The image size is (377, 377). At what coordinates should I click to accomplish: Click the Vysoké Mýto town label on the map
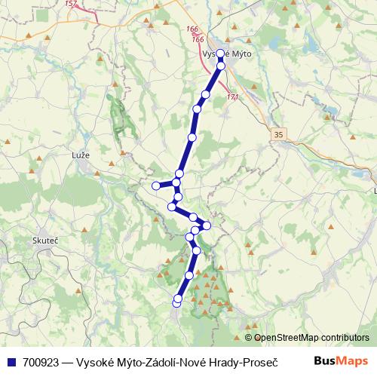click(227, 54)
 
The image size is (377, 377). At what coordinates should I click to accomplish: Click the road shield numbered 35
click(279, 134)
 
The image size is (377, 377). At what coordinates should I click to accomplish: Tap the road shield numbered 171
click(232, 97)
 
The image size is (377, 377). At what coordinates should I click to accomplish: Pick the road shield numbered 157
click(72, 4)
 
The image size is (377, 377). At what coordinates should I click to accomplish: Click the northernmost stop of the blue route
click(219, 54)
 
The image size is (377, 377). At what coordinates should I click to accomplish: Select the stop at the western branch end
click(155, 185)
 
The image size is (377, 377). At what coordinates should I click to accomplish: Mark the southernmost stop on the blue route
click(176, 303)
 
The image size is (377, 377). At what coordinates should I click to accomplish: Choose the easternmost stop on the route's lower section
click(207, 225)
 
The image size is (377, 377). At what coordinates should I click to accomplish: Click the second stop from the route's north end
click(221, 66)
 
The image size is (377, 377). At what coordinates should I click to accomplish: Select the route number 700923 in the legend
click(40, 362)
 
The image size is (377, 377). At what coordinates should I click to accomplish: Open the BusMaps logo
click(341, 361)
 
